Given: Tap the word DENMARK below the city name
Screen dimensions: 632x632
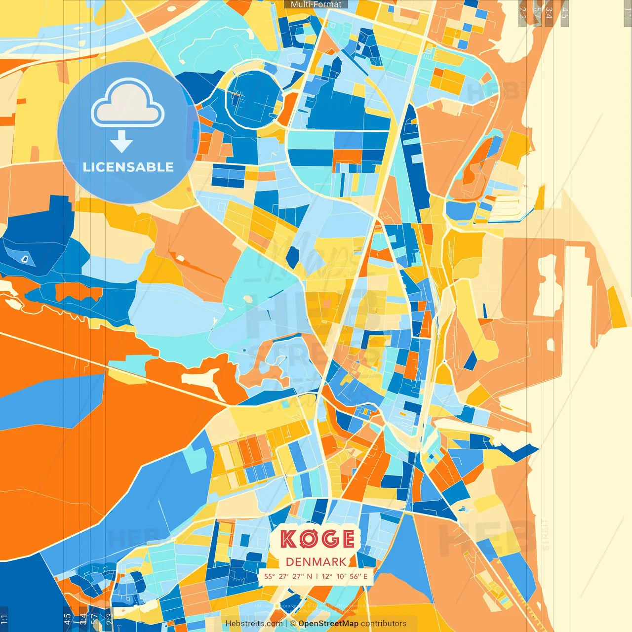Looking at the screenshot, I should (x=316, y=562).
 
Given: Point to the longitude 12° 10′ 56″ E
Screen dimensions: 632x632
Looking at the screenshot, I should (x=345, y=576).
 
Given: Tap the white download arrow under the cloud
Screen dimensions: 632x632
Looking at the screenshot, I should (x=121, y=142).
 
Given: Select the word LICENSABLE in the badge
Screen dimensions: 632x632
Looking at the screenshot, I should (x=128, y=167).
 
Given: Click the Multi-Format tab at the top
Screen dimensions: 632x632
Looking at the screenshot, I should (x=316, y=4).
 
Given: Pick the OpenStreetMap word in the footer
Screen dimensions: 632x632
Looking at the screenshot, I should (x=328, y=624).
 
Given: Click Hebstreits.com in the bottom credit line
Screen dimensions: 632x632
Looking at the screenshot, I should (x=254, y=624).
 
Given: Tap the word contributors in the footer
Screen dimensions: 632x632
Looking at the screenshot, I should (x=384, y=624).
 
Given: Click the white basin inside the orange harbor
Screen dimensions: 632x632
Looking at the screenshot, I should (x=548, y=286).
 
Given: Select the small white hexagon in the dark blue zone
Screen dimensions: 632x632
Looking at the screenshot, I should (x=25, y=258).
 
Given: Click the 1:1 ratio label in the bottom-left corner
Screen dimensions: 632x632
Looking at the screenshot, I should (x=4, y=619).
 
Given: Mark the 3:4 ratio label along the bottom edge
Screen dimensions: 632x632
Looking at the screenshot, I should (x=82, y=619).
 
